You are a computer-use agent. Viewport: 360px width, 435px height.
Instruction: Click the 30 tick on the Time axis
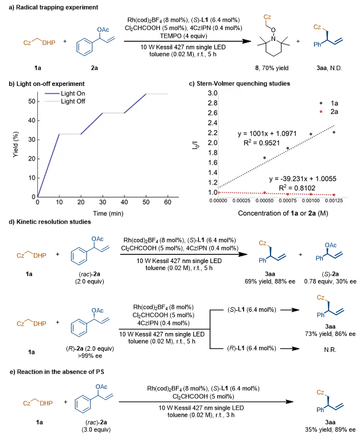(x=103, y=203)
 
